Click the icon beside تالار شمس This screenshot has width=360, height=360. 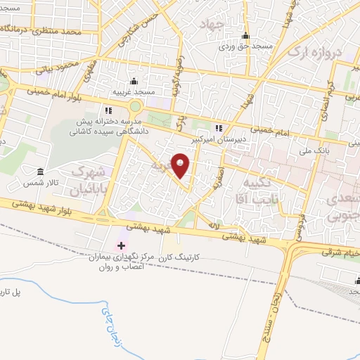click(40, 172)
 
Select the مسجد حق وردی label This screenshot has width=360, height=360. click(243, 46)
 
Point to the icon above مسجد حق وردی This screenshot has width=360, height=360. click(245, 37)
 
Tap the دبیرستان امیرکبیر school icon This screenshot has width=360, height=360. click(219, 128)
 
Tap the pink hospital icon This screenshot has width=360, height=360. click(121, 246)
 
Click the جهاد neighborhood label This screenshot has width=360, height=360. click(211, 25)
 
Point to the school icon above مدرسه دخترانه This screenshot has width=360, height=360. click(108, 110)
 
